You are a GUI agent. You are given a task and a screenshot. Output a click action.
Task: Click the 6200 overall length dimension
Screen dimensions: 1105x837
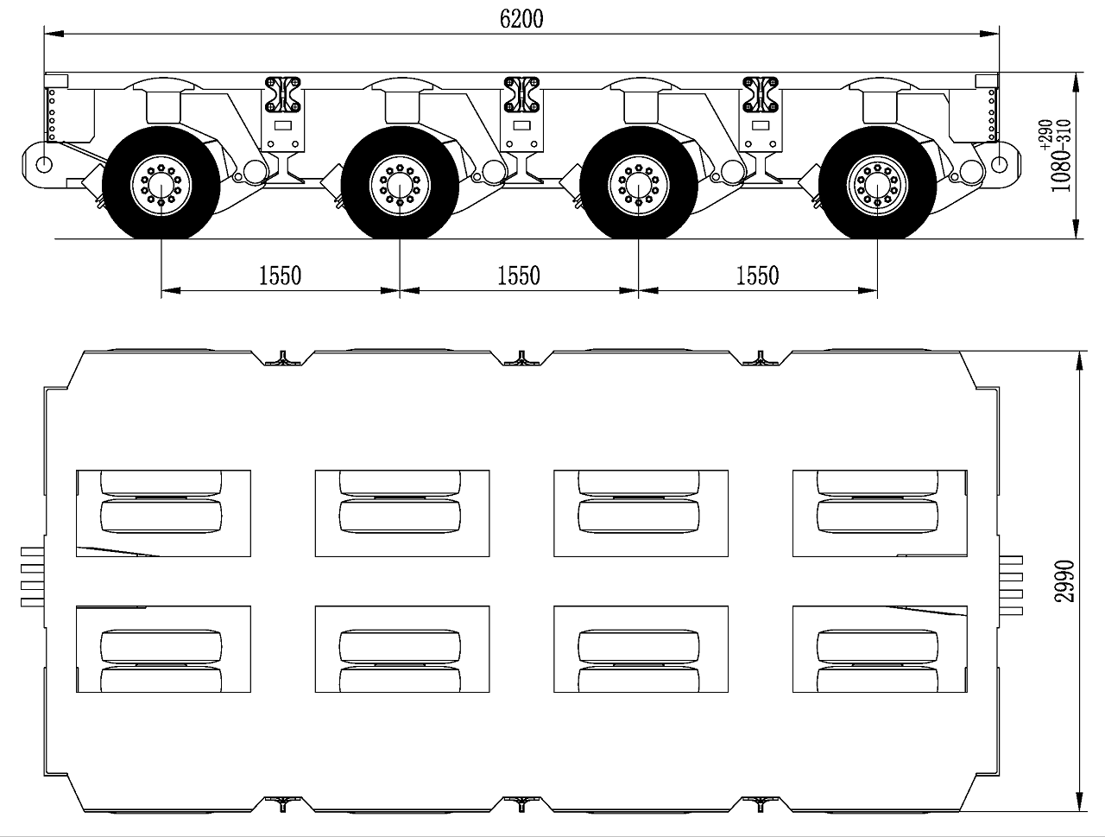point(521,19)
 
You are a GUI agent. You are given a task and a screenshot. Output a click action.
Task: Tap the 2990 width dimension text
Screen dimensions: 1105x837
point(1064,581)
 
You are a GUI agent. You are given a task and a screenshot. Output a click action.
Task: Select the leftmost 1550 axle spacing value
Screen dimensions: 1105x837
point(280,276)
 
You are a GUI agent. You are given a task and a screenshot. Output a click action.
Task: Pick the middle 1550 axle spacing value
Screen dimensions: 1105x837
point(519,276)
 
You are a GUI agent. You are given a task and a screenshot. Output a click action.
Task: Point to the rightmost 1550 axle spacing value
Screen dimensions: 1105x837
point(758,276)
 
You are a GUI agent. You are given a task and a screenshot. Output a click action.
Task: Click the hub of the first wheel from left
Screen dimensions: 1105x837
point(161,185)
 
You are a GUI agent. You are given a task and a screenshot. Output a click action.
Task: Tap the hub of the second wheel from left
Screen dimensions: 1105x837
point(400,185)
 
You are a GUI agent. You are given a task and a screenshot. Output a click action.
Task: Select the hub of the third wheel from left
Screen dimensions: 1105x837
point(638,185)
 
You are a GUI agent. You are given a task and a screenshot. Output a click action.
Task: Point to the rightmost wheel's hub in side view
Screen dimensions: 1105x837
point(877,185)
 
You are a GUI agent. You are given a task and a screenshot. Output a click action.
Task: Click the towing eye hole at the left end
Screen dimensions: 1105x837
point(44,165)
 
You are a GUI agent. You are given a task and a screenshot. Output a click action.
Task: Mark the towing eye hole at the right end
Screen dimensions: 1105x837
point(1000,165)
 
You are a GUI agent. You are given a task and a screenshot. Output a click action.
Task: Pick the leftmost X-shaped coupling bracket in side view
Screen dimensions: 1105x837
point(282,94)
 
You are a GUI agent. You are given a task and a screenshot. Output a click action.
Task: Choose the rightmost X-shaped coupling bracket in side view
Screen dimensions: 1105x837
point(761,94)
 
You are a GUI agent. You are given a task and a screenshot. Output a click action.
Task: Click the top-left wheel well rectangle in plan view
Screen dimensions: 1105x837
point(164,513)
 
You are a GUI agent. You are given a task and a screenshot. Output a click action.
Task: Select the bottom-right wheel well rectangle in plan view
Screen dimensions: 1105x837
point(880,649)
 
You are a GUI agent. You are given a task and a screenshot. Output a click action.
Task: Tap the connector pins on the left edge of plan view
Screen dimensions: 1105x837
point(33,577)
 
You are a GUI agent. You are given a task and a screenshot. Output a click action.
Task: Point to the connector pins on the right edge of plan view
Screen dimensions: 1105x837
point(1011,585)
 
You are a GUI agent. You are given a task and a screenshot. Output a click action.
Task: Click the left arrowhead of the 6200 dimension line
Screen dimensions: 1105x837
point(54,34)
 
